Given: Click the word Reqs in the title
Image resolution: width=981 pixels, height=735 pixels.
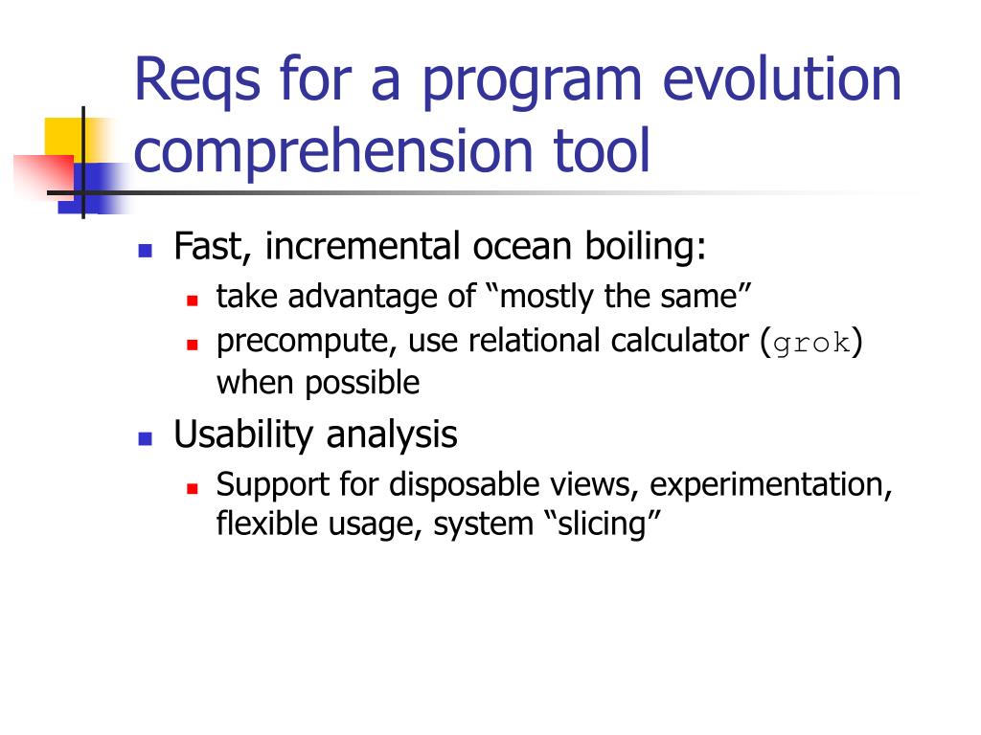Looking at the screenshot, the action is pyautogui.click(x=196, y=80).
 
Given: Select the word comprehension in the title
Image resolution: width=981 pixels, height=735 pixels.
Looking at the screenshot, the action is pyautogui.click(x=332, y=150).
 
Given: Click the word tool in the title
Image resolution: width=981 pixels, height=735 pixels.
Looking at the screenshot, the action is pyautogui.click(x=602, y=149).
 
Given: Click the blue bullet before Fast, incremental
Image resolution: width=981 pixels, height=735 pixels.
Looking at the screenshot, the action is pyautogui.click(x=146, y=251).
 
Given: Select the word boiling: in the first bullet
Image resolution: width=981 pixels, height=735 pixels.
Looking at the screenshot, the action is pyautogui.click(x=645, y=246).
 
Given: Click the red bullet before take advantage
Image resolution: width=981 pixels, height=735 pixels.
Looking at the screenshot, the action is pyautogui.click(x=192, y=301).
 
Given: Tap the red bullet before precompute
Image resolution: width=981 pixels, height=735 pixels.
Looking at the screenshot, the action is pyautogui.click(x=192, y=345).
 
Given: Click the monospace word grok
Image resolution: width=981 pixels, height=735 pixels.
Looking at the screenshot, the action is pyautogui.click(x=811, y=344).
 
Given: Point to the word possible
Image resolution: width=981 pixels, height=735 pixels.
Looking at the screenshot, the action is pyautogui.click(x=362, y=383).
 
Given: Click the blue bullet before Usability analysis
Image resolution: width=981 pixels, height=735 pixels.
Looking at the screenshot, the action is pyautogui.click(x=146, y=438).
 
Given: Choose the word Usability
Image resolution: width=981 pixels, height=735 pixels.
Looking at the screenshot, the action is pyautogui.click(x=243, y=435).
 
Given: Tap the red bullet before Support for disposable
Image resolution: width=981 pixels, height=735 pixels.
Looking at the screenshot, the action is pyautogui.click(x=192, y=488).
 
